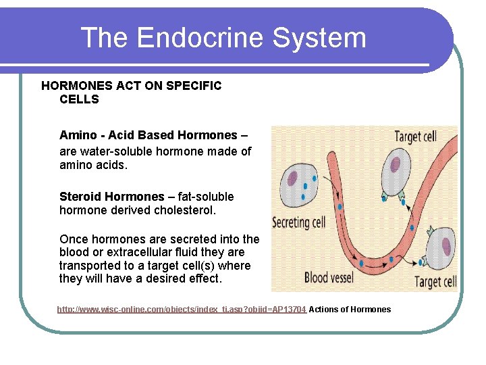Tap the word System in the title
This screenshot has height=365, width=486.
330,38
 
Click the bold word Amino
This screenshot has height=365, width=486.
78,135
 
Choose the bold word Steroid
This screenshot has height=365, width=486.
80,197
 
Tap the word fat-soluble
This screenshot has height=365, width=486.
203,197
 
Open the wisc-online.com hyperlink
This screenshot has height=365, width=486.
182,310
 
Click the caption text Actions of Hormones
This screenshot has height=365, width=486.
350,310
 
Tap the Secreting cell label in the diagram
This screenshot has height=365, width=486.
298,222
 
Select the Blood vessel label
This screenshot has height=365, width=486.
335,277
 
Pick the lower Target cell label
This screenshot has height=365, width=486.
435,282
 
